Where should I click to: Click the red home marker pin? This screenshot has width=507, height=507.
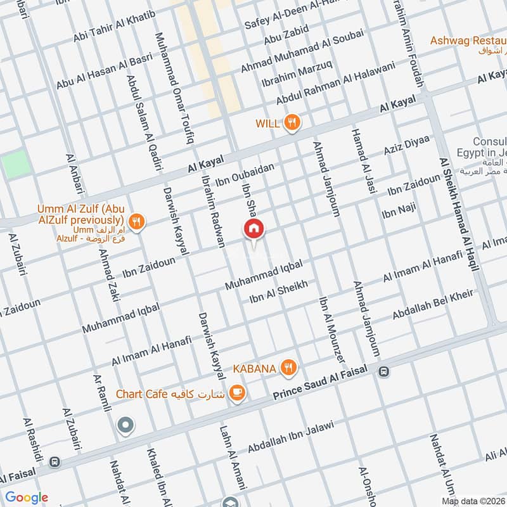click(253, 229)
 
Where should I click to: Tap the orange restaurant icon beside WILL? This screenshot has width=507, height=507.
click(292, 123)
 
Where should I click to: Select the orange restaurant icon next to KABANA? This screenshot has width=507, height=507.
click(289, 367)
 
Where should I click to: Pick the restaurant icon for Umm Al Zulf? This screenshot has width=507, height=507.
click(136, 222)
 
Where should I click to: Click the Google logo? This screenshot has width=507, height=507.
click(27, 497)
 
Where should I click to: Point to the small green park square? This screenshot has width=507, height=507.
click(15, 165)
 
